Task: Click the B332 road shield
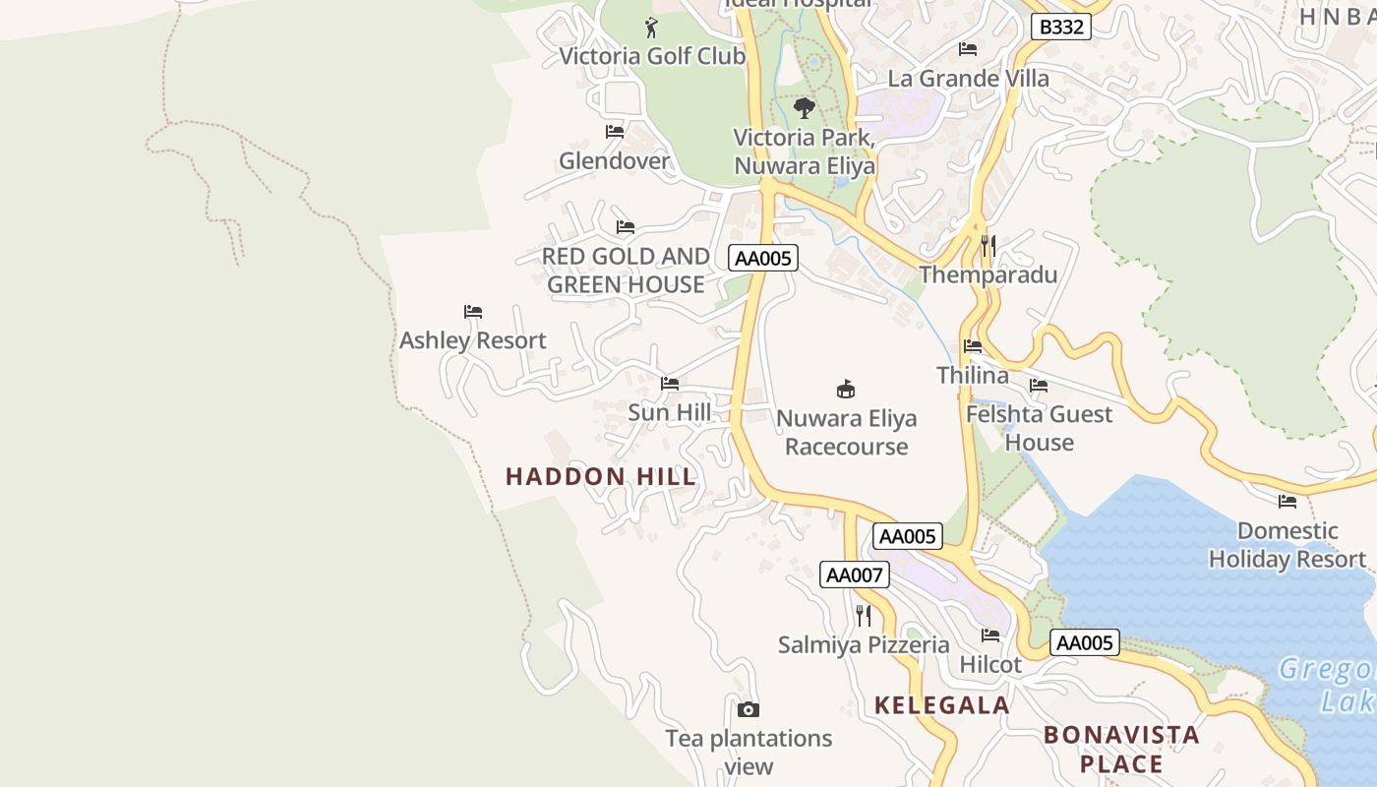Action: coord(1061,27)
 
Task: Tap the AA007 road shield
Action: coord(854,575)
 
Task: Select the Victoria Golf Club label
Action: coord(652,56)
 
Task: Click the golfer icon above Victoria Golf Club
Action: coord(650,28)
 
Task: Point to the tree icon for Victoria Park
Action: coord(804,108)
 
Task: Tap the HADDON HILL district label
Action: coord(601,477)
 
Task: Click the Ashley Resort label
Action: coord(472,340)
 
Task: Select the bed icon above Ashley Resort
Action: coord(473,312)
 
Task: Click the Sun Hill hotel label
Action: coord(669,412)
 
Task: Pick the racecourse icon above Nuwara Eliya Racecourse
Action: coord(845,389)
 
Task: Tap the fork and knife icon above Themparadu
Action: coord(988,245)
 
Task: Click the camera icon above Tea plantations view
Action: coord(748,709)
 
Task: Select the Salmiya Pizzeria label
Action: coord(864,645)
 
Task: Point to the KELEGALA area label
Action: coord(942,705)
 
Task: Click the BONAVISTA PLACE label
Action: coord(1121,749)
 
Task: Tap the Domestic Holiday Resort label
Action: coord(1287,545)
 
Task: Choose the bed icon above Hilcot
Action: coord(990,636)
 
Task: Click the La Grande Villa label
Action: coord(968,79)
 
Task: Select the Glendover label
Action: coord(614,160)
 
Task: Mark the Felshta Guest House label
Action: coord(1039,428)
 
